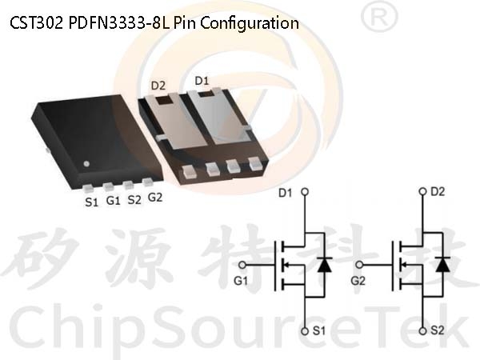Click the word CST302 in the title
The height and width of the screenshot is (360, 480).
tap(37, 23)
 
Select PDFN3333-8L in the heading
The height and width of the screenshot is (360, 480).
tap(118, 23)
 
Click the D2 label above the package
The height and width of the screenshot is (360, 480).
tap(158, 86)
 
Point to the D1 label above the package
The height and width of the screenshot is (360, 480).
tap(202, 81)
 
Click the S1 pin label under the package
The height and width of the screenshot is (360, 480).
tap(91, 202)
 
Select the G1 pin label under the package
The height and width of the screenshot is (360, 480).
tap(113, 201)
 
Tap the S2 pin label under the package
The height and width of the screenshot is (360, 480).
tap(134, 200)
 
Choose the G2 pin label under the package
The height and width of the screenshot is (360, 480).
tap(155, 198)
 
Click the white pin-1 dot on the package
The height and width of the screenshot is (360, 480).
tap(86, 164)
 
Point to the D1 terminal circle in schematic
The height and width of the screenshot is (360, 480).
tap(305, 192)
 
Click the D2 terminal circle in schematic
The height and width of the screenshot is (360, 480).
tap(422, 192)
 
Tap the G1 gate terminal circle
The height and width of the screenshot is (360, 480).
tap(242, 265)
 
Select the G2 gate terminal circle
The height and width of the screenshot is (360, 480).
tap(360, 265)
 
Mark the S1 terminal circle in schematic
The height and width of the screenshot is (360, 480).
tap(305, 331)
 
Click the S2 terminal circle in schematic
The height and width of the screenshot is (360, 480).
tap(422, 331)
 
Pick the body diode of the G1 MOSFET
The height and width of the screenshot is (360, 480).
tap(325, 265)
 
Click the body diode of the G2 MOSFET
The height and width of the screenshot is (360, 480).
tap(442, 265)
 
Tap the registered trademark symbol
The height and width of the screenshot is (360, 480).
tap(379, 17)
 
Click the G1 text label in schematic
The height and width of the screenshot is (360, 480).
tap(241, 281)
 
